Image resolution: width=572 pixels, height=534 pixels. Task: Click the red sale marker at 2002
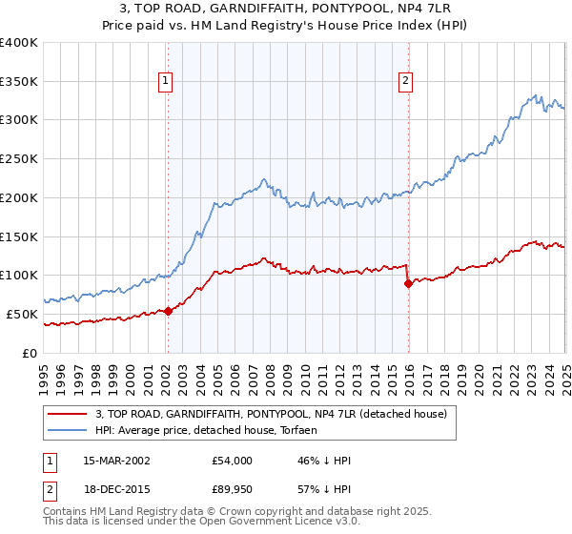(168, 311)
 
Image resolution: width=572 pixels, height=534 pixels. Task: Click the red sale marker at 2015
(408, 283)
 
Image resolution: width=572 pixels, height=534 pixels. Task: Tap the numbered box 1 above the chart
(166, 81)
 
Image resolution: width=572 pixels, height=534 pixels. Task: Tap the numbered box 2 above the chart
(406, 81)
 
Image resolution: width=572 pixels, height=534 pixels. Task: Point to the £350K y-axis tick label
(19, 81)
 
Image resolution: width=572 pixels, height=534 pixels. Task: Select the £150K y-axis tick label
(19, 236)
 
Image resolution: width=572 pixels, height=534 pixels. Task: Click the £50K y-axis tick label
(23, 314)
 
